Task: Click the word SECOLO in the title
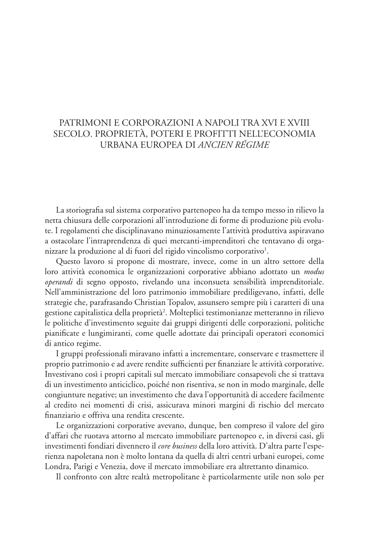click(x=70, y=134)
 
